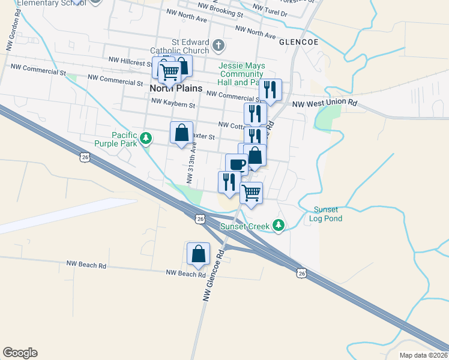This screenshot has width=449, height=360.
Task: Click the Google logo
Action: click(20, 353)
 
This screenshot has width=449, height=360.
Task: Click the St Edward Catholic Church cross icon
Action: click(218, 45)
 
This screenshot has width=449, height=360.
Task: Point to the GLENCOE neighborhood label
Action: click(298, 43)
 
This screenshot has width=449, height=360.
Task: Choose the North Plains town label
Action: click(170, 87)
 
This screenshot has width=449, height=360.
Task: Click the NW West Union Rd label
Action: click(325, 103)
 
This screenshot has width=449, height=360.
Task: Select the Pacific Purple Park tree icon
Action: click(145, 139)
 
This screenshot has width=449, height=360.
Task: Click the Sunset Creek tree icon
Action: click(278, 226)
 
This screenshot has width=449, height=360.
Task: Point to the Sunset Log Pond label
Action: click(327, 214)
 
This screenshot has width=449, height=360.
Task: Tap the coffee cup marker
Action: click(237, 164)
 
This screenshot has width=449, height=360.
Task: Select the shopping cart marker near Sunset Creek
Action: click(252, 193)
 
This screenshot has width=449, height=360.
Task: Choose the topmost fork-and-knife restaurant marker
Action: click(270, 90)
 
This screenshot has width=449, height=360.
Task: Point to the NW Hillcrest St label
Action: click(130, 60)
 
